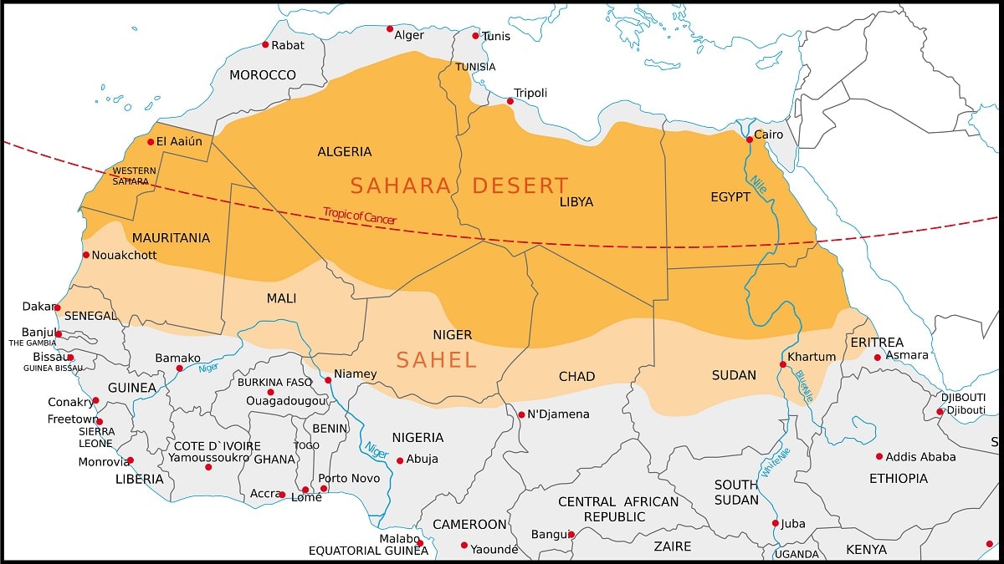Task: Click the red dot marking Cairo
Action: [750, 140]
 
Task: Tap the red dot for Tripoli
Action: [510, 101]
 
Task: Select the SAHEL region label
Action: [436, 360]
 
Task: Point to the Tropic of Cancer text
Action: [360, 217]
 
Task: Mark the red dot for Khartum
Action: [783, 364]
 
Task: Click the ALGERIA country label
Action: [345, 151]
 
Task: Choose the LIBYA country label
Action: [576, 201]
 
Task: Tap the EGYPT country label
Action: [730, 196]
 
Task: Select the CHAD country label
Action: [576, 376]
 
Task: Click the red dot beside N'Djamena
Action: [521, 414]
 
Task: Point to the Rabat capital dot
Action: [265, 44]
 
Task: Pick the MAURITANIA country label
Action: [171, 238]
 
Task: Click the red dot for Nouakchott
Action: [85, 255]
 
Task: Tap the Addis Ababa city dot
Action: [879, 456]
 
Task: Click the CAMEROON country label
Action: [469, 524]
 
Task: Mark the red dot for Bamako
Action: [179, 368]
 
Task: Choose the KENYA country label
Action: [866, 549]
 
